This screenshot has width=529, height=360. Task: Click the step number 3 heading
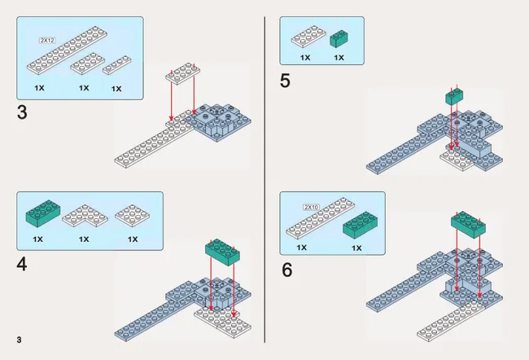tap(22, 112)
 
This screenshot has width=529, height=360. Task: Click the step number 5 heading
tap(286, 81)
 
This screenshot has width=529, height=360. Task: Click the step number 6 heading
tap(286, 270)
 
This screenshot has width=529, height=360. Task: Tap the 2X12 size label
tap(46, 40)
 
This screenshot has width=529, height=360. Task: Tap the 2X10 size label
tap(310, 207)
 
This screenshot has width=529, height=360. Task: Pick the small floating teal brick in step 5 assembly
tap(454, 98)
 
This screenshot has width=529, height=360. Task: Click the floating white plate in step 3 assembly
tap(182, 74)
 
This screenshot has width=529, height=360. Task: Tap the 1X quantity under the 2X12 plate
tap(38, 86)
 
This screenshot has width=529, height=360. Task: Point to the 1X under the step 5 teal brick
tap(339, 58)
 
